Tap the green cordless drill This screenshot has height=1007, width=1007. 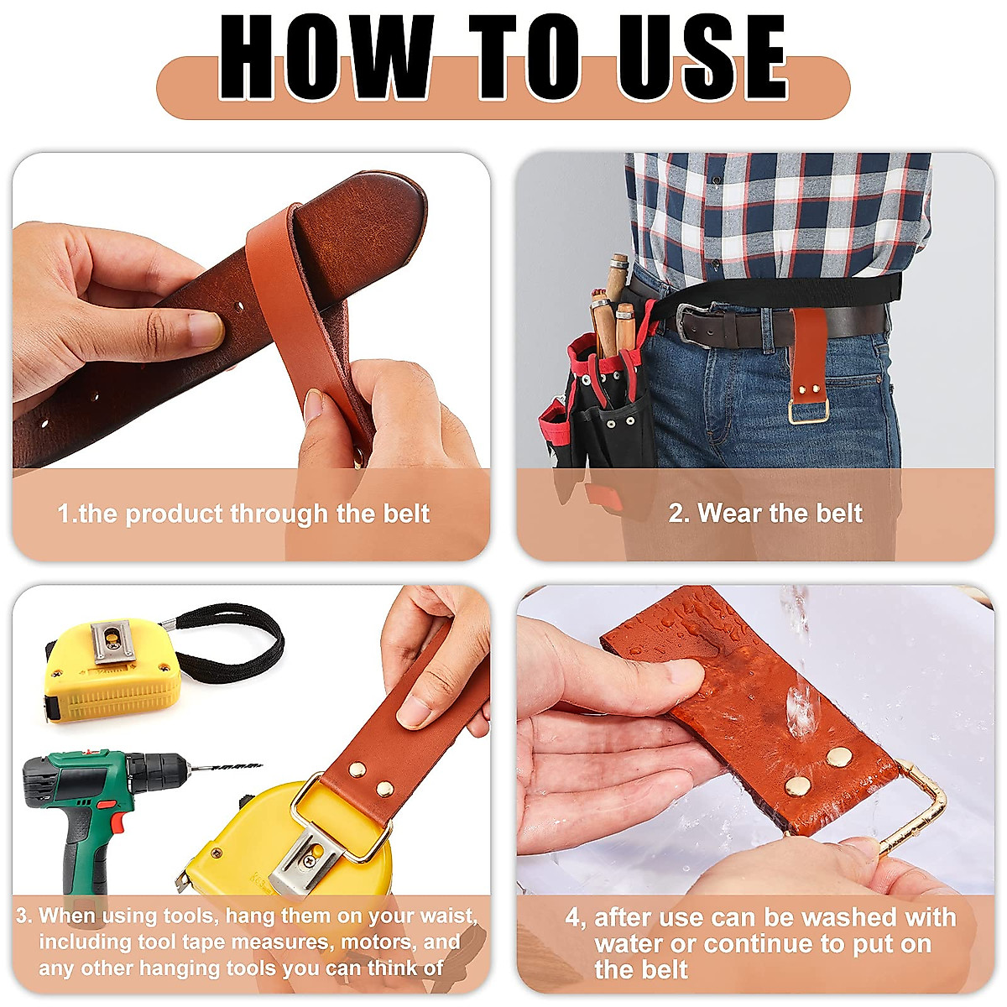pos(92,806)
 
